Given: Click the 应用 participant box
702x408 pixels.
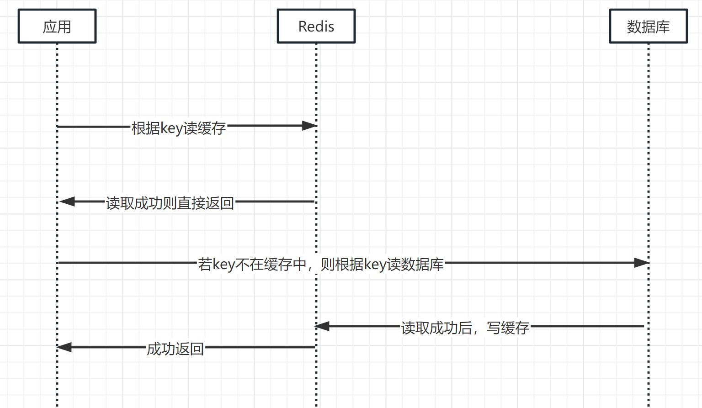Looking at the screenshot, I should (57, 26).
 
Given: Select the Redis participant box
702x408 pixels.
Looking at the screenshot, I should (316, 26).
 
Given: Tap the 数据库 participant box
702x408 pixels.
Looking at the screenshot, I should (648, 26).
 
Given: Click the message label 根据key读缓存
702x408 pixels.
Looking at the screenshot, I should (179, 128).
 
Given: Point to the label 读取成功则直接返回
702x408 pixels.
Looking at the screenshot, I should (170, 203).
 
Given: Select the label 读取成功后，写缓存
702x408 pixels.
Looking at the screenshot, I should (465, 328).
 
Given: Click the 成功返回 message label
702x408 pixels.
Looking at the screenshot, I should (175, 349).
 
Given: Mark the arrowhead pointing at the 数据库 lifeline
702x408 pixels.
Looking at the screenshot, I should (641, 263).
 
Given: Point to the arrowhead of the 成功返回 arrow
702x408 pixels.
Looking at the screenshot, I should (64, 347).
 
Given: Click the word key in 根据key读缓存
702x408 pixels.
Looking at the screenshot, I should (171, 128).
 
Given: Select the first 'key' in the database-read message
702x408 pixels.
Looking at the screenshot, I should (223, 265).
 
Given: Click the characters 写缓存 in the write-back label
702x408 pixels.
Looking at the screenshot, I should (508, 328).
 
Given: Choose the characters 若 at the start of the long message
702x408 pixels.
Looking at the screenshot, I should (205, 265).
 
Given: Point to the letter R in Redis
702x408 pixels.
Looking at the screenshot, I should (303, 26).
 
